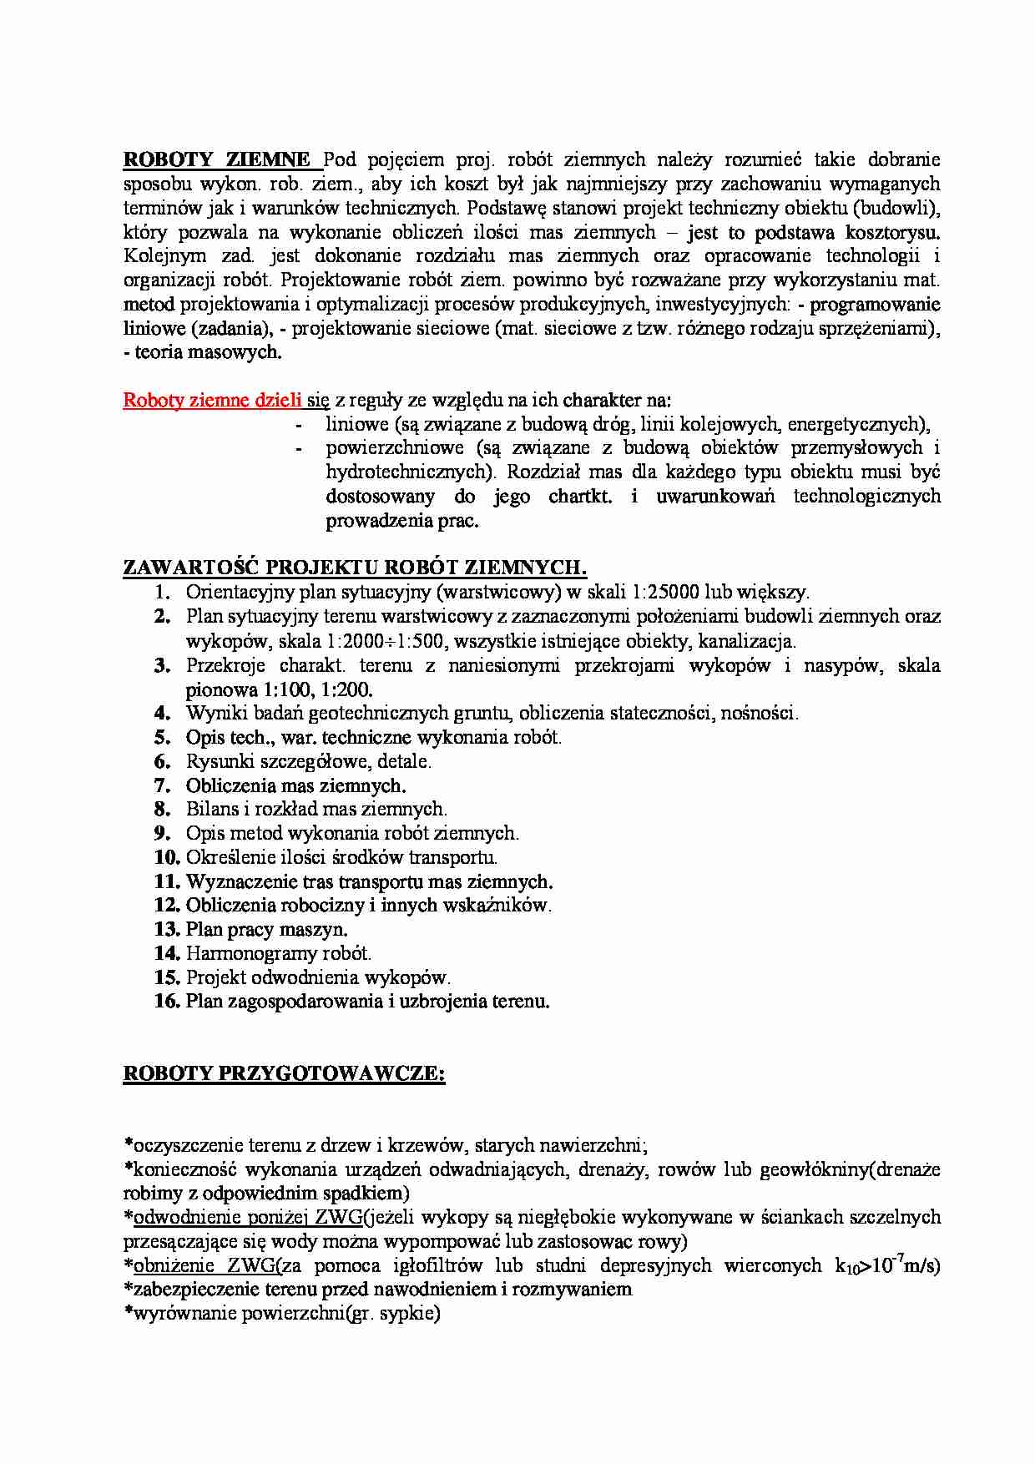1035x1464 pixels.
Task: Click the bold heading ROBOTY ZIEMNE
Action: click(x=217, y=159)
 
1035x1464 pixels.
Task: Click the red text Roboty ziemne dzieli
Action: click(x=212, y=400)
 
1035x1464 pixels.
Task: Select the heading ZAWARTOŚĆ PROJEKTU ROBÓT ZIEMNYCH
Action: click(x=355, y=568)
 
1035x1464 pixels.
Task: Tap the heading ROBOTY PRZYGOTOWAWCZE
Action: click(x=284, y=1073)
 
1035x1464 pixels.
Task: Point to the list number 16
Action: click(x=167, y=1002)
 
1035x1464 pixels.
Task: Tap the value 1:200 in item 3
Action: click(x=347, y=690)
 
